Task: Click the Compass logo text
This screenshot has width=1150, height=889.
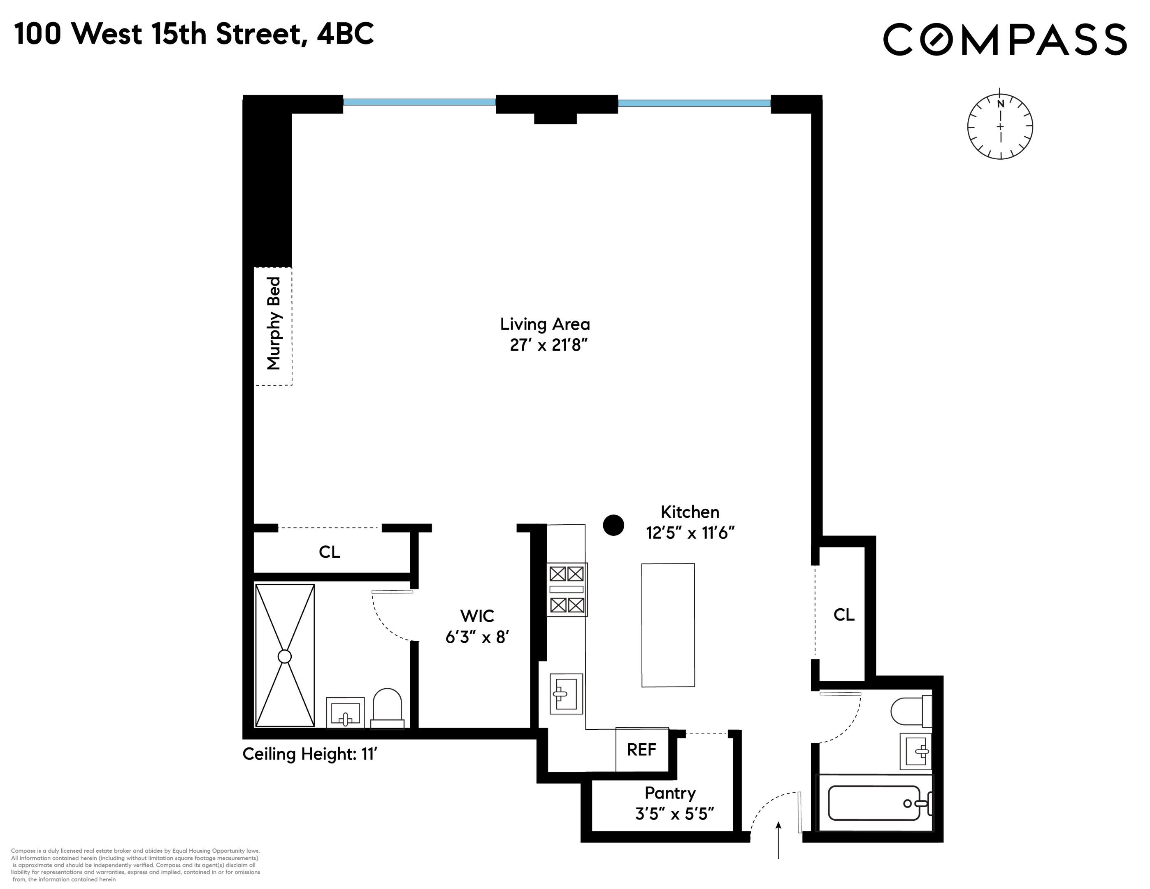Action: (1004, 39)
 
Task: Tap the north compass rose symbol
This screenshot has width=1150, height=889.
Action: (999, 126)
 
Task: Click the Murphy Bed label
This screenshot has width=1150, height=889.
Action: (274, 323)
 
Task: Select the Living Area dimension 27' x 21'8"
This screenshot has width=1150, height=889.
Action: (548, 345)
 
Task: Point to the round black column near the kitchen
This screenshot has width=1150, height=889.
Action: (613, 525)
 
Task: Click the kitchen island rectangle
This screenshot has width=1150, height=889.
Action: (668, 625)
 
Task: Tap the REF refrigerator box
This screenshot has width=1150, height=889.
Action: (641, 749)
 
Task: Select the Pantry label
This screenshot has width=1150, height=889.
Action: (670, 793)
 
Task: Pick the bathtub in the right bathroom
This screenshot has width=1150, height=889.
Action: (874, 803)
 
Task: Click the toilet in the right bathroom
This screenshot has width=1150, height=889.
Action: (910, 711)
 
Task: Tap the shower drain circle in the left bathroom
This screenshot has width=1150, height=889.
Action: (284, 656)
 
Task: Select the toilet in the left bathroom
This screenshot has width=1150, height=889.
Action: (387, 708)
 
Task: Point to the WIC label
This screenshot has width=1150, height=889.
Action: (477, 616)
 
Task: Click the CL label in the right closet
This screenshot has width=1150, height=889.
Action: (843, 614)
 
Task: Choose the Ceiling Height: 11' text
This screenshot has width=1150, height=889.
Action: (309, 754)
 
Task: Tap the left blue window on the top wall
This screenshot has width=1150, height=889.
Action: (419, 102)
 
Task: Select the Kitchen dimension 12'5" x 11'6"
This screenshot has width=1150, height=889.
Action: (690, 533)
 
